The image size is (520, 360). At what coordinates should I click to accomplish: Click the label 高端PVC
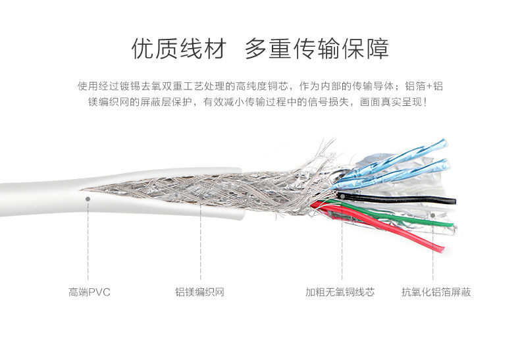click(89, 292)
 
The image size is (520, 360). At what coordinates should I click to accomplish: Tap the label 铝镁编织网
click(199, 292)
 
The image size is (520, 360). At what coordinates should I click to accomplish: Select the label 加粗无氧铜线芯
click(340, 292)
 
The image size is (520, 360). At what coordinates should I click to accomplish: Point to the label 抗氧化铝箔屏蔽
click(436, 292)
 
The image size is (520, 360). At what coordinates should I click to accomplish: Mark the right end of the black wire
click(455, 200)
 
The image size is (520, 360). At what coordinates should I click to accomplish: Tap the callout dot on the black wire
click(341, 195)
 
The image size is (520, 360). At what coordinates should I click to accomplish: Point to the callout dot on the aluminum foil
click(432, 214)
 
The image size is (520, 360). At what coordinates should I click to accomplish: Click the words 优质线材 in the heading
click(178, 49)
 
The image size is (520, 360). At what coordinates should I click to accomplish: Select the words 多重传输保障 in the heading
click(317, 49)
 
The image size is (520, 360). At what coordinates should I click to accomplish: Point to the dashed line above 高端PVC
click(88, 244)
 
